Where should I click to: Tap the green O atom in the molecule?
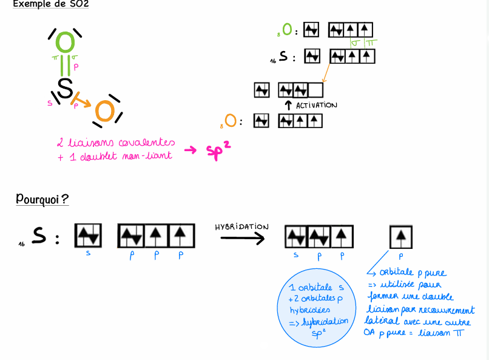(66, 42)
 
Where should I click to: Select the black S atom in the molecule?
(64, 88)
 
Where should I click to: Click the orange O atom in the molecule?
(104, 112)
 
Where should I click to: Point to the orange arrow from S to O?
(82, 101)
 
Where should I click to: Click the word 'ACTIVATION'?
(316, 105)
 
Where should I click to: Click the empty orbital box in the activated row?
(315, 90)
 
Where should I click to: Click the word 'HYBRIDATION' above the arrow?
(241, 226)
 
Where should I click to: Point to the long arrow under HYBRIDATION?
(241, 237)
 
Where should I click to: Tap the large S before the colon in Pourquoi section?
(39, 236)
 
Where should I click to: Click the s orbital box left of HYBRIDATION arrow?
(88, 236)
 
